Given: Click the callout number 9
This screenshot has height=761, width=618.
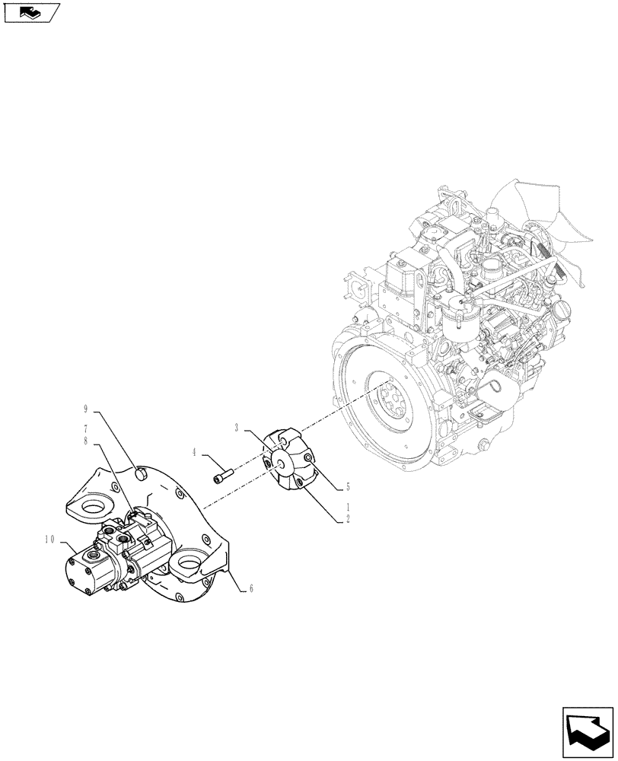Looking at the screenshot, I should tap(86, 409).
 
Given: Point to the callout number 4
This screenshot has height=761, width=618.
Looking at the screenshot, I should tap(195, 452).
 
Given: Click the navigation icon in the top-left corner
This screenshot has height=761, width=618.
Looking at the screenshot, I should tap(31, 12).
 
